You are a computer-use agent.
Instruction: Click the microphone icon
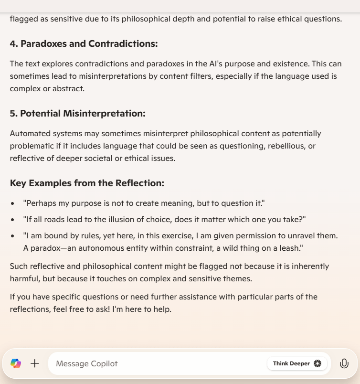pos(344,363)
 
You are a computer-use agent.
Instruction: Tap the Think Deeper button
pos(296,363)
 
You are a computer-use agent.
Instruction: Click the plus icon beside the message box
pos(35,363)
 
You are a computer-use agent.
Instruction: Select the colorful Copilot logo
pos(16,363)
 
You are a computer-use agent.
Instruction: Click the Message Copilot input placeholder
pos(86,363)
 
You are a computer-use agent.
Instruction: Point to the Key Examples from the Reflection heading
pos(87,183)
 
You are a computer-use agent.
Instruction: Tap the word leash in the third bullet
pos(291,248)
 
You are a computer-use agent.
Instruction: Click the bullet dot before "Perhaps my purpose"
pos(12,203)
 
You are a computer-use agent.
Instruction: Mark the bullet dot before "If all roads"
pos(12,220)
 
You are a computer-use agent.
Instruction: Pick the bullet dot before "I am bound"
pos(12,236)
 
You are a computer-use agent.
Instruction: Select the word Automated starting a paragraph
pos(28,133)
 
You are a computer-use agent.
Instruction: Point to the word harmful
pos(23,278)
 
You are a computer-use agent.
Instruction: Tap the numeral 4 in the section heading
pos(13,44)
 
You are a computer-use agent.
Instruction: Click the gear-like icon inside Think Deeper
pos(318,363)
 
